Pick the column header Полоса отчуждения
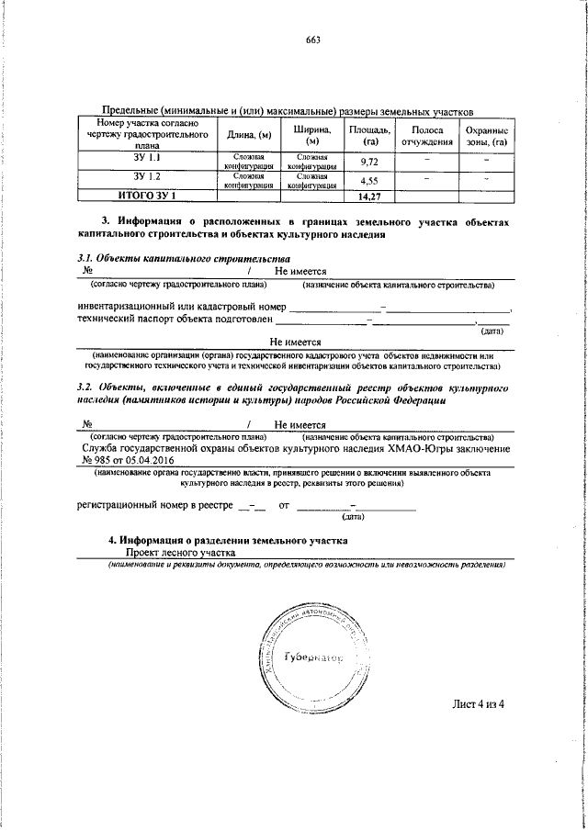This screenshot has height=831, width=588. coord(427,135)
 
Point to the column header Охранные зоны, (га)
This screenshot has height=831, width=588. coord(486,136)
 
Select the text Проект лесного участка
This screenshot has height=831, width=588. coord(180,553)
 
